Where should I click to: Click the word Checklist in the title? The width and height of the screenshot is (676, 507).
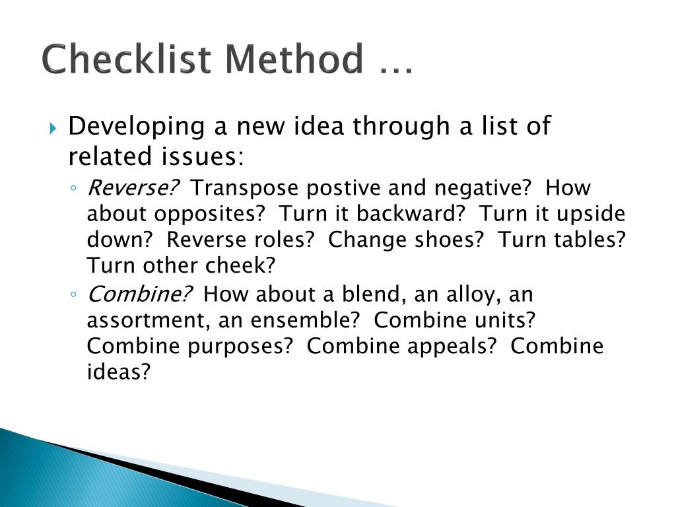coord(127,59)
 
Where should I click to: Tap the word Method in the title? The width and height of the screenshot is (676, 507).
coord(294,59)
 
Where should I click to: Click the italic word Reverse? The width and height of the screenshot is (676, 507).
coord(133,188)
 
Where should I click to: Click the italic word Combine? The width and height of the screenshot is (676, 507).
coord(141,294)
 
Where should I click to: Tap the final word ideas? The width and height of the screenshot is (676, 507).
coord(119,372)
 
